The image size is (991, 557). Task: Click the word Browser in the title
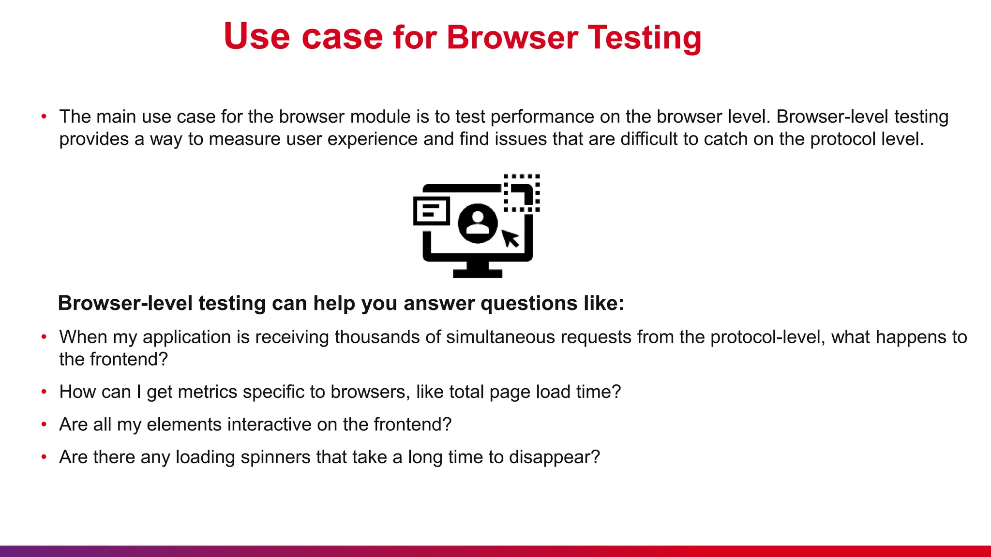512,37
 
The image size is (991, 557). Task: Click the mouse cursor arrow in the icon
510,238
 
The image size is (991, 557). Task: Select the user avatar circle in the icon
478,223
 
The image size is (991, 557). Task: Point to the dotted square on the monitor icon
522,193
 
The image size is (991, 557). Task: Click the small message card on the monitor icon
432,211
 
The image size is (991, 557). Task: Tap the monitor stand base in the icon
478,273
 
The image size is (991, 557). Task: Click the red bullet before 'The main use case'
44,117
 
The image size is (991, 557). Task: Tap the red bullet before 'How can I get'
44,392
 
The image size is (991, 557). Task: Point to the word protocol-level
767,337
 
